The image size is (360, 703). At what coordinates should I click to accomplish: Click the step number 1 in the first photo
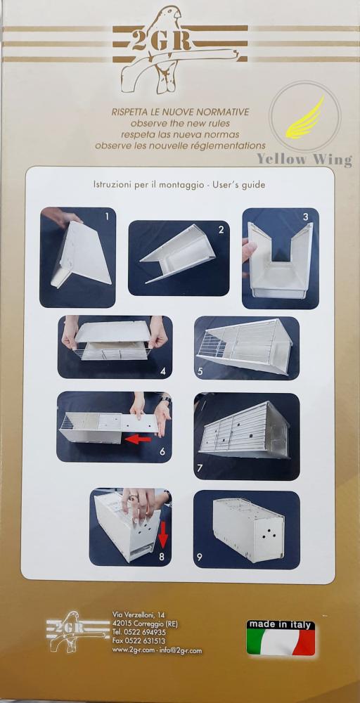coord(107,217)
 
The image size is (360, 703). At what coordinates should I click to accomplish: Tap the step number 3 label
coord(305,217)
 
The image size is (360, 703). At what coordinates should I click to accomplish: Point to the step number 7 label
coord(200,468)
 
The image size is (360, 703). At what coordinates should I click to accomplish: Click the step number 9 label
coord(199,557)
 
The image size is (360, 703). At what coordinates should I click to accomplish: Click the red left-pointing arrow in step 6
coord(138,439)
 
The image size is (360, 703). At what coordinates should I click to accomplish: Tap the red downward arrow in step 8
coord(163,534)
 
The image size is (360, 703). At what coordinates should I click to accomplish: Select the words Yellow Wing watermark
coord(304,160)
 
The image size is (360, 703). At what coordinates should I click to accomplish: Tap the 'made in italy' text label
coord(281,624)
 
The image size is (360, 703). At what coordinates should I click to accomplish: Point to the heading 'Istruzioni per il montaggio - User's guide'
coord(179,185)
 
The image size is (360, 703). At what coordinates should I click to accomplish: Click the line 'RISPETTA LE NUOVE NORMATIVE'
coord(180,112)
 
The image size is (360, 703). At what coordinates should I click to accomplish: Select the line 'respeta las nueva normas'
coord(180,134)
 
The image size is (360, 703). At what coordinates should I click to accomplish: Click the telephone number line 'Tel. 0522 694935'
coord(139,632)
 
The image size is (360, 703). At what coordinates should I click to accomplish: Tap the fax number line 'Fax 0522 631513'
coord(139,640)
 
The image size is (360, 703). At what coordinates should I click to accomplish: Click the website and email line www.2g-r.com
coord(157,650)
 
